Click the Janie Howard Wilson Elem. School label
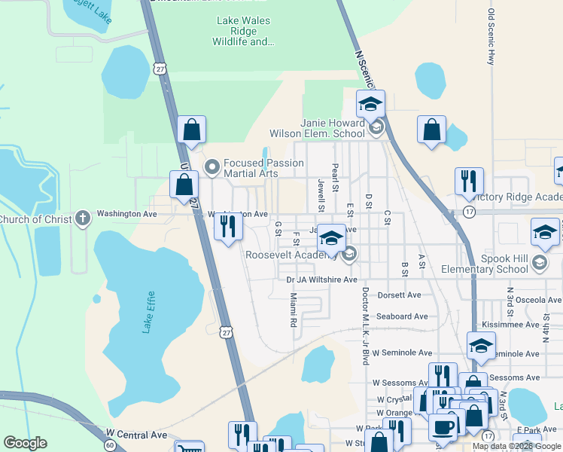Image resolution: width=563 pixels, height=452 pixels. click(333, 128)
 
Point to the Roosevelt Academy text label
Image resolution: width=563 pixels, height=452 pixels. click(291, 255)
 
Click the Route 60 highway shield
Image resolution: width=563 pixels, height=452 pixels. click(110, 445)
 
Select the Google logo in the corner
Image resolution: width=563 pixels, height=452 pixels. click(26, 443)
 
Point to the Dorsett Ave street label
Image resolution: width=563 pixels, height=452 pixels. click(399, 295)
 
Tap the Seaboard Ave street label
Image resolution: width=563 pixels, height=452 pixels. click(402, 316)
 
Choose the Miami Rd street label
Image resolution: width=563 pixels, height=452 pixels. click(294, 310)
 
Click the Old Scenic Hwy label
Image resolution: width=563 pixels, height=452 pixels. click(491, 36)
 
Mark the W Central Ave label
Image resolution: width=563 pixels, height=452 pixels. click(136, 435)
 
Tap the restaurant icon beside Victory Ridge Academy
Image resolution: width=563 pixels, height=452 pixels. click(469, 182)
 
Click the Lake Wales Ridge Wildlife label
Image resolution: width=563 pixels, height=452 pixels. click(243, 32)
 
